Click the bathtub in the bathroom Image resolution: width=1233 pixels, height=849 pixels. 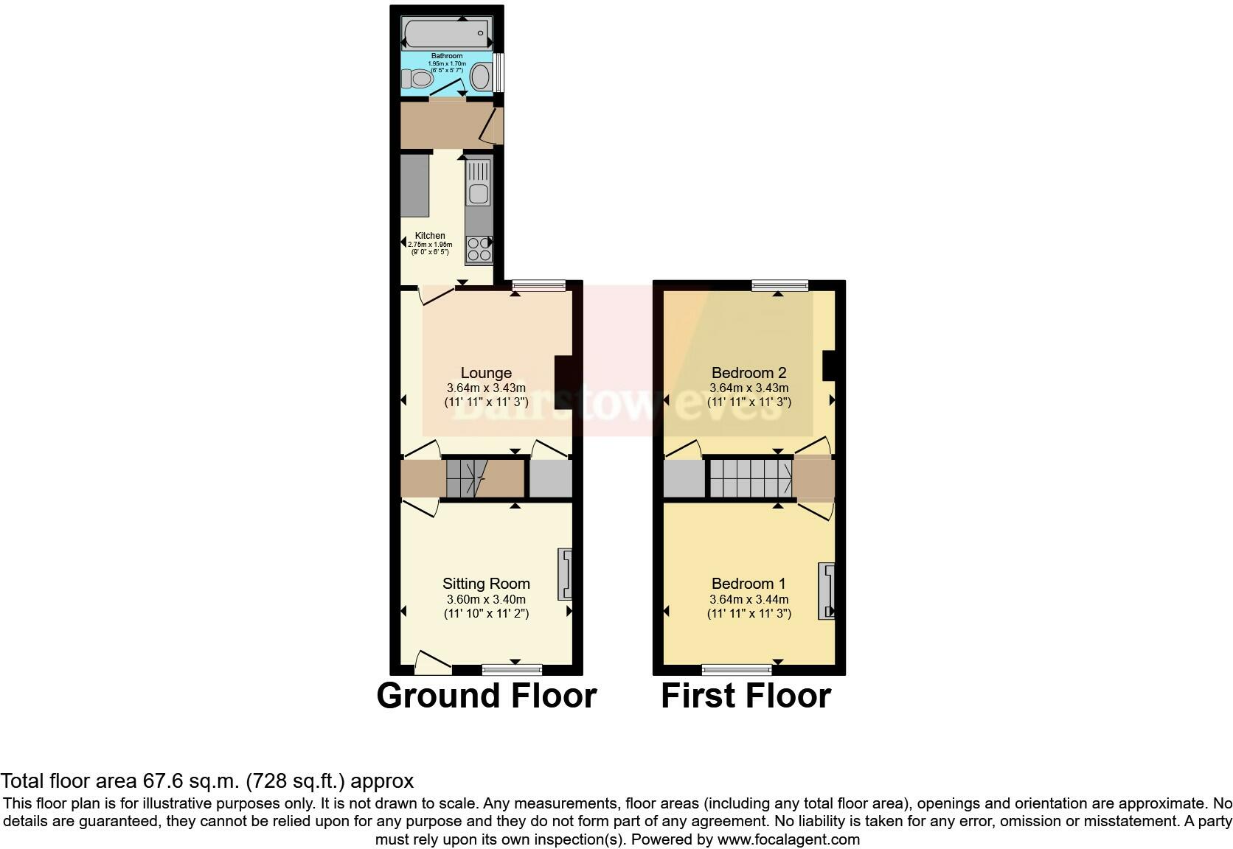[x=446, y=32]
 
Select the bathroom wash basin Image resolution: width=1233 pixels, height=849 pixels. [x=481, y=77]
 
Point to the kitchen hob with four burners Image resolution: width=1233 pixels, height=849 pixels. [x=479, y=249]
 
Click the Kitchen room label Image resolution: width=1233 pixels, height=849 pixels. [x=430, y=236]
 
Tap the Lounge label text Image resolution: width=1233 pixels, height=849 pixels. [x=486, y=373]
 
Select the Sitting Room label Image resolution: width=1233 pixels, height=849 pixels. [x=486, y=584]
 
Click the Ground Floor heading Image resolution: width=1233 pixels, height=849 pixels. [x=486, y=696]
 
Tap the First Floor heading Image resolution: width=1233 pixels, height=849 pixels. [x=746, y=696]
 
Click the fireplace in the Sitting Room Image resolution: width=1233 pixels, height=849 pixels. [x=565, y=573]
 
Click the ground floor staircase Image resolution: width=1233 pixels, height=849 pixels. [x=466, y=478]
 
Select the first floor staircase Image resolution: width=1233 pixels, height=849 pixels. [x=751, y=478]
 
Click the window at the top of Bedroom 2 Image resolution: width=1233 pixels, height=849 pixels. [x=779, y=285]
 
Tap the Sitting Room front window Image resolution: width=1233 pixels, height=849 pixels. [x=512, y=669]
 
